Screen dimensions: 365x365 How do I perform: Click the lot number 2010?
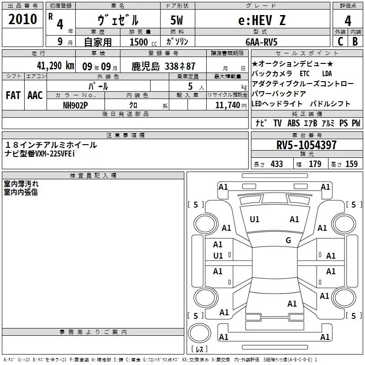[x=22, y=19]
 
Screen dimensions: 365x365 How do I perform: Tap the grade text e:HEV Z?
[x=262, y=20]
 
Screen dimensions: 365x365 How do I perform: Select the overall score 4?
[x=348, y=21]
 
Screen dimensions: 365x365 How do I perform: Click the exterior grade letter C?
[x=340, y=42]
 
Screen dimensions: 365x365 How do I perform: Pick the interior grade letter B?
[x=355, y=42]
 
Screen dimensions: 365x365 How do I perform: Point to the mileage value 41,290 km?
[x=55, y=66]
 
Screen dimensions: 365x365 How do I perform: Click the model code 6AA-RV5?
[x=261, y=42]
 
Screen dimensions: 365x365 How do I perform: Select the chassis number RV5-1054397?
[x=306, y=145]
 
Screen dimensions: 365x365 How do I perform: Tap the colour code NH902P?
[x=75, y=105]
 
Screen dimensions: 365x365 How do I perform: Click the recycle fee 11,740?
[x=227, y=105]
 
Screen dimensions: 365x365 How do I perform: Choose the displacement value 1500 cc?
[x=143, y=42]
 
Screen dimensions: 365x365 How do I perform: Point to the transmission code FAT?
[x=13, y=95]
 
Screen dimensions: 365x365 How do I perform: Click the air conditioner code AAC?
[x=35, y=95]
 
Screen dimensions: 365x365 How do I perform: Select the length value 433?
[x=276, y=164]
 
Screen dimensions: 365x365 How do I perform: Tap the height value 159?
[x=351, y=164]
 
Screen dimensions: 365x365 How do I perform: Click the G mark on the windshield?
[x=288, y=240]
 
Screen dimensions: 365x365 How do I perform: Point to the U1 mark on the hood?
[x=255, y=219]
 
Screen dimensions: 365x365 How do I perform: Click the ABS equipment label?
[x=293, y=123]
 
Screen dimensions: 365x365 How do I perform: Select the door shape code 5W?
[x=177, y=20]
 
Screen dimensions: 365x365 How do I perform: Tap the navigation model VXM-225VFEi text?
[x=55, y=154]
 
